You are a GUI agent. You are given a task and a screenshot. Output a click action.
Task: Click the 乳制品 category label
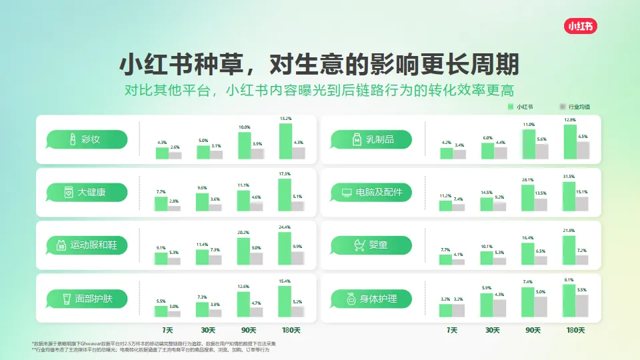(x=371, y=139)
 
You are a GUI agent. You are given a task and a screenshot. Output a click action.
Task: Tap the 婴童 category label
(x=371, y=245)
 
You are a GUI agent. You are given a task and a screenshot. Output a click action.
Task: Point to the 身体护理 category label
(x=371, y=299)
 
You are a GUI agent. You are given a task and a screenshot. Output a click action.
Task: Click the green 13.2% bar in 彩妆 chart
(x=285, y=141)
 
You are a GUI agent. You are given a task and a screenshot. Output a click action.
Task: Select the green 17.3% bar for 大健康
(x=285, y=195)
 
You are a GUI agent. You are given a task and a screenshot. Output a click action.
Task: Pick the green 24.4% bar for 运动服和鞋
(x=285, y=248)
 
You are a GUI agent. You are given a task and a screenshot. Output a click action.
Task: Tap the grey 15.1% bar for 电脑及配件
(x=582, y=204)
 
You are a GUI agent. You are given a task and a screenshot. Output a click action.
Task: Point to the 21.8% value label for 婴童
(x=569, y=231)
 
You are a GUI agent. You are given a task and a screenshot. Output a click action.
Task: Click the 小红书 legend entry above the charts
(x=518, y=107)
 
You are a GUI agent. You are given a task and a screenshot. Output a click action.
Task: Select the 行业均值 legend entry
(x=575, y=107)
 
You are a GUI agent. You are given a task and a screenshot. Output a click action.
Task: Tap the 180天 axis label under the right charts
(x=575, y=330)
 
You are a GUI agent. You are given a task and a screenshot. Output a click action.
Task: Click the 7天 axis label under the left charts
(x=169, y=330)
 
